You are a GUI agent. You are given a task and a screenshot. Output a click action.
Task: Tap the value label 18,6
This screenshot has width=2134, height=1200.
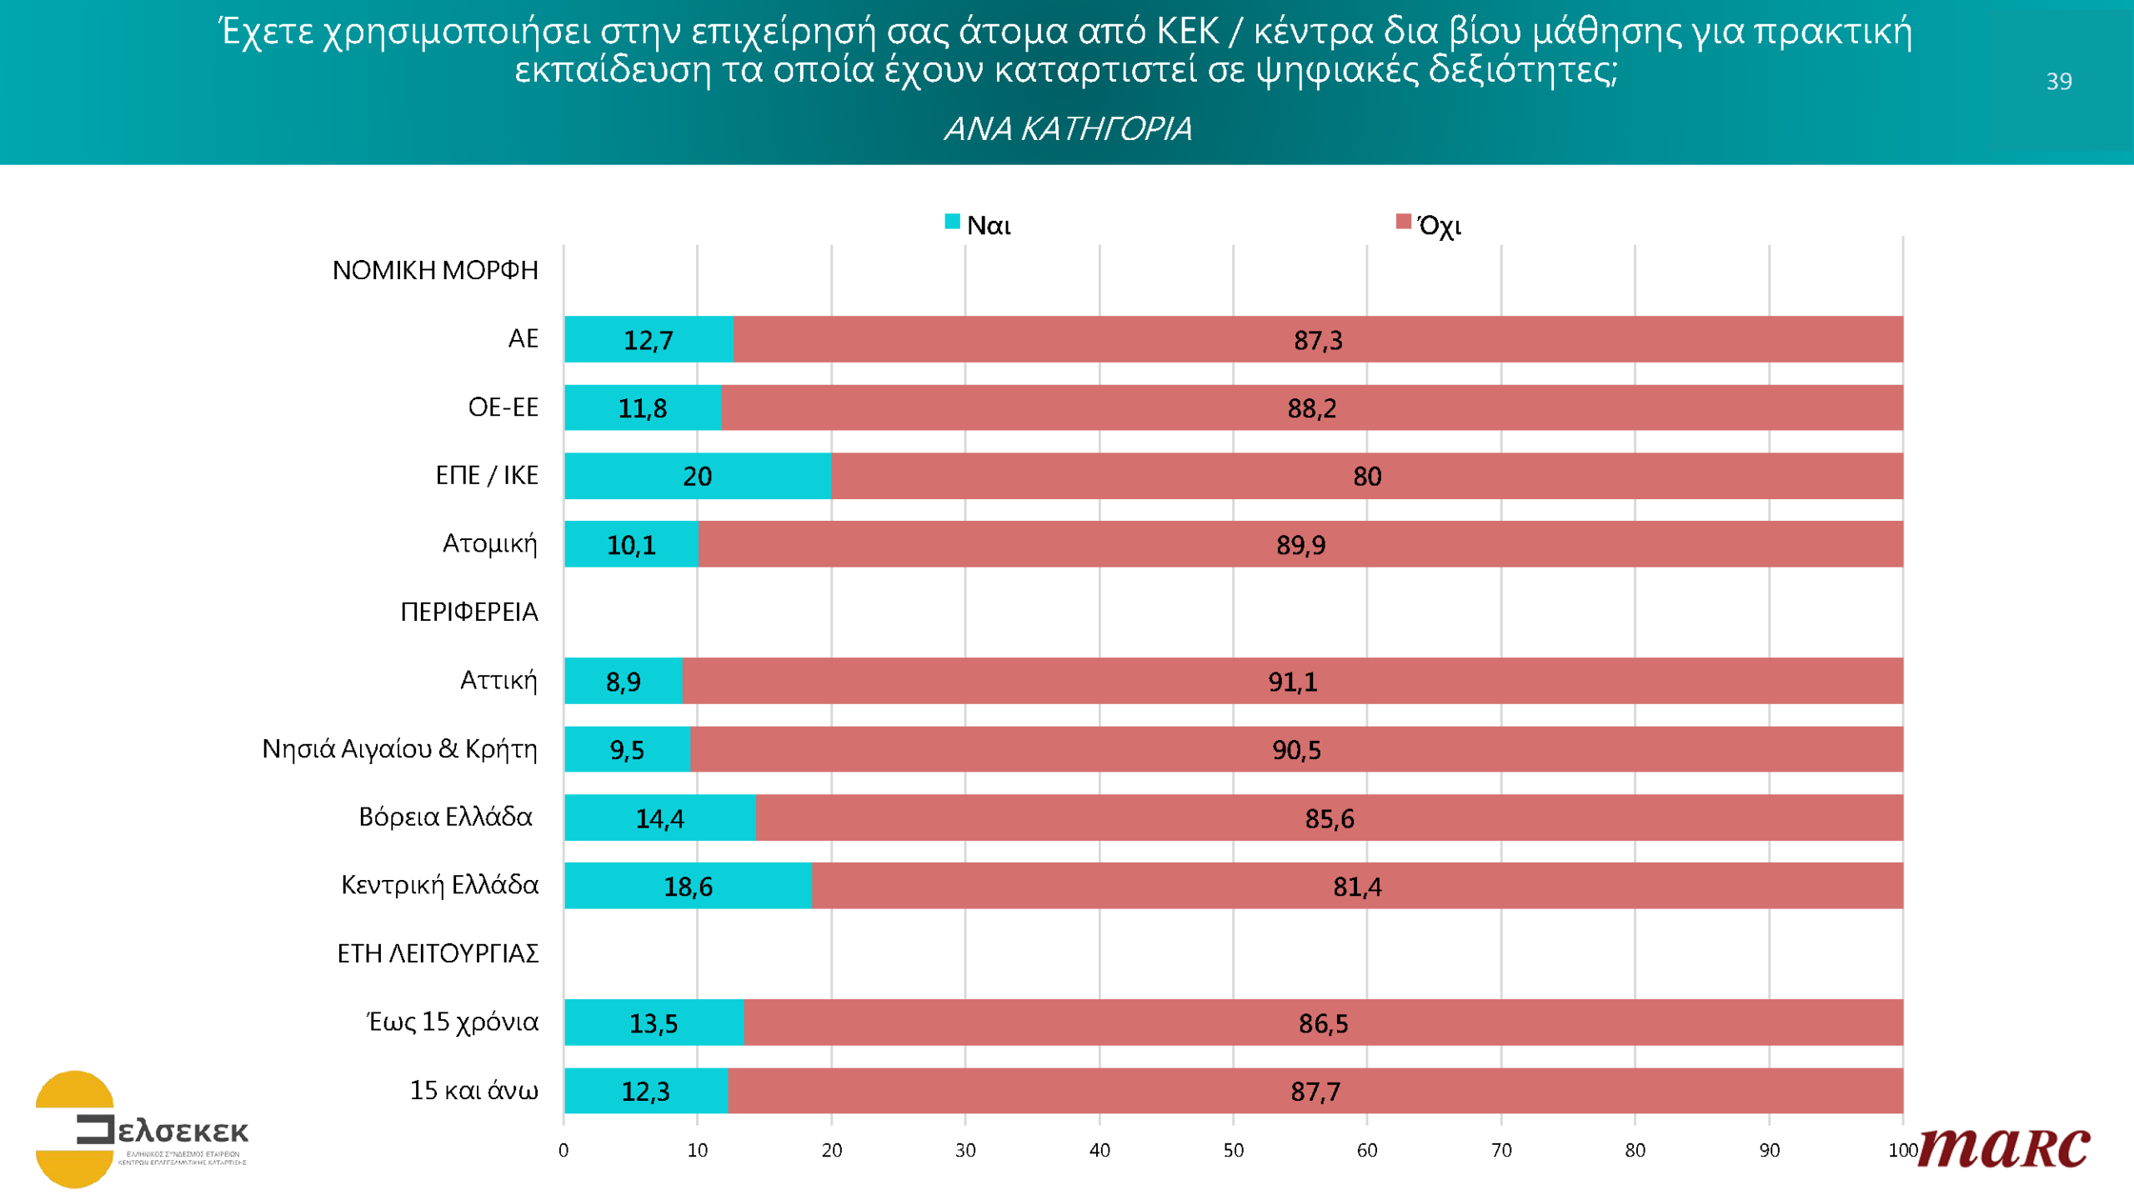[688, 887]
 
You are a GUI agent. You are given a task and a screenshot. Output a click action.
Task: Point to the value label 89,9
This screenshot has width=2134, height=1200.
[1300, 545]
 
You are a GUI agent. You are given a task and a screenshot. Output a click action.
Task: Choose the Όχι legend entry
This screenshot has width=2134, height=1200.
[1429, 225]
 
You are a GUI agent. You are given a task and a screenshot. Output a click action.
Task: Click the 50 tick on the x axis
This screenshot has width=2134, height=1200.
[1233, 1150]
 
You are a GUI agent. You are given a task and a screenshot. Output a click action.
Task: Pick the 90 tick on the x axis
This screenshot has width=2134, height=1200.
[1769, 1150]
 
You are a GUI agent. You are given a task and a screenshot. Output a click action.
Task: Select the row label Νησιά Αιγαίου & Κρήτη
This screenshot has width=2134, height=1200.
[399, 749]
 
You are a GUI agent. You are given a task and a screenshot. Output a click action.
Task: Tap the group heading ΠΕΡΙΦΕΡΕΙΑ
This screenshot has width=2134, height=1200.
[468, 612]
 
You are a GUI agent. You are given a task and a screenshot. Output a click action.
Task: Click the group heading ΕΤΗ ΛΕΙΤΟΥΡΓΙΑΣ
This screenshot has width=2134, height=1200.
[438, 953]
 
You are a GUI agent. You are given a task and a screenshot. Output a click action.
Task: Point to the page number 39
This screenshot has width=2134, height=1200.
[2058, 81]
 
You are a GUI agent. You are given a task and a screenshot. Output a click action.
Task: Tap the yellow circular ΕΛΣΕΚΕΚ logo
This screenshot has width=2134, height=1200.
[75, 1129]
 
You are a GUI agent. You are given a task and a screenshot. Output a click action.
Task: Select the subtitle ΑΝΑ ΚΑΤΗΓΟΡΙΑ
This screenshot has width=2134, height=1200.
[1067, 129]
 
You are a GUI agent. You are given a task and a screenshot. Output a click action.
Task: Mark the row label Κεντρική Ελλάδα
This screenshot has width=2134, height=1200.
[439, 885]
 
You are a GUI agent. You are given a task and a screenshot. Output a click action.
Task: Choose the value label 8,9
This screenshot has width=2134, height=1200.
[623, 682]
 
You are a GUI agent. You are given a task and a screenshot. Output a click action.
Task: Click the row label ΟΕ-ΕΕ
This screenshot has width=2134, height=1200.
[503, 407]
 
